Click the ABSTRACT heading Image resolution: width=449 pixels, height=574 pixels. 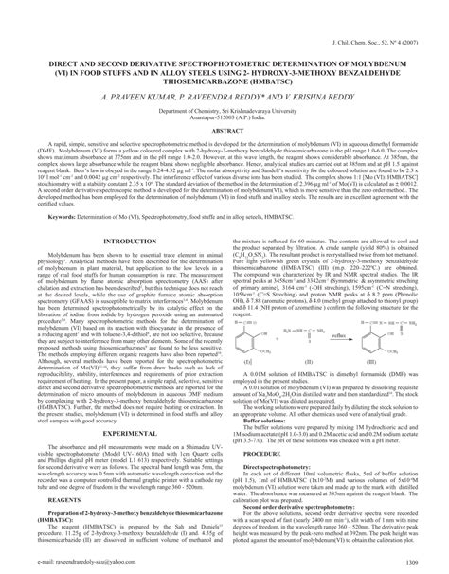point(224,131)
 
